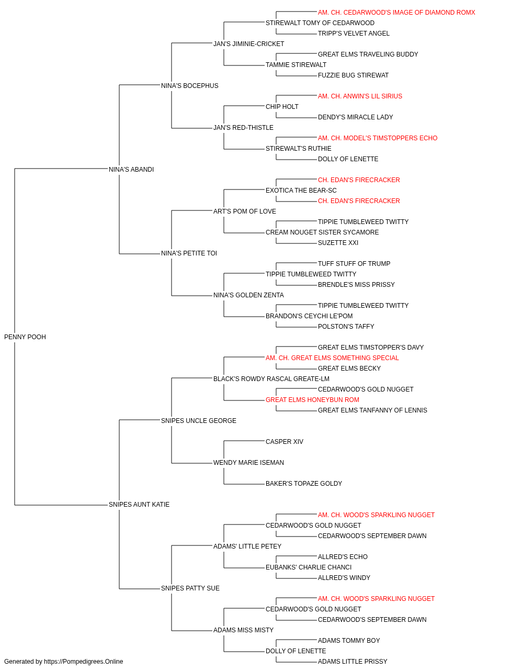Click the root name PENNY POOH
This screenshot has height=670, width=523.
tap(25, 337)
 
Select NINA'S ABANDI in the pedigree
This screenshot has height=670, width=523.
tap(131, 169)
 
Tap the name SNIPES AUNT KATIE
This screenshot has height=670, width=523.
tap(139, 505)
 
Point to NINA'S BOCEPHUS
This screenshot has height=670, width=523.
tap(189, 86)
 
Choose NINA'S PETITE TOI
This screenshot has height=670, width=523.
tap(189, 253)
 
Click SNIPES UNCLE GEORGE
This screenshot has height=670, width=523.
tap(198, 420)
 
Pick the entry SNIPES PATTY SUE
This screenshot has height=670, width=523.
tap(190, 588)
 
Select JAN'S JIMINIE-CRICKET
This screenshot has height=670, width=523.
tap(248, 44)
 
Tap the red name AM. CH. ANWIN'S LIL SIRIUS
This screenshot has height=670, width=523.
tap(360, 96)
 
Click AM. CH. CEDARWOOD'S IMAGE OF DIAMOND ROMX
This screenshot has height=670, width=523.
tap(396, 13)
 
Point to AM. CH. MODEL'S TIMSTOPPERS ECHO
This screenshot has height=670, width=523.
tap(377, 138)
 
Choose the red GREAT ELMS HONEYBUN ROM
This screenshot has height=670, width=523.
tap(312, 399)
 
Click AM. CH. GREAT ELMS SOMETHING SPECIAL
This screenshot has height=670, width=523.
tap(332, 358)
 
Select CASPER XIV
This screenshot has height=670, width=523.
tap(285, 442)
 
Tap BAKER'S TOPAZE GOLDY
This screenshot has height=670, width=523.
tap(304, 484)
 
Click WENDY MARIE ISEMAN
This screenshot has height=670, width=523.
tap(248, 463)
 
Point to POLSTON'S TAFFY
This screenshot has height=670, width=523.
tap(346, 326)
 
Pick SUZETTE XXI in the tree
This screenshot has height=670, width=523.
tap(338, 243)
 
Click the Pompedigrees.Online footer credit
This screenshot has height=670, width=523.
tap(63, 662)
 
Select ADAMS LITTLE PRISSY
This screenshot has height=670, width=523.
tap(353, 662)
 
